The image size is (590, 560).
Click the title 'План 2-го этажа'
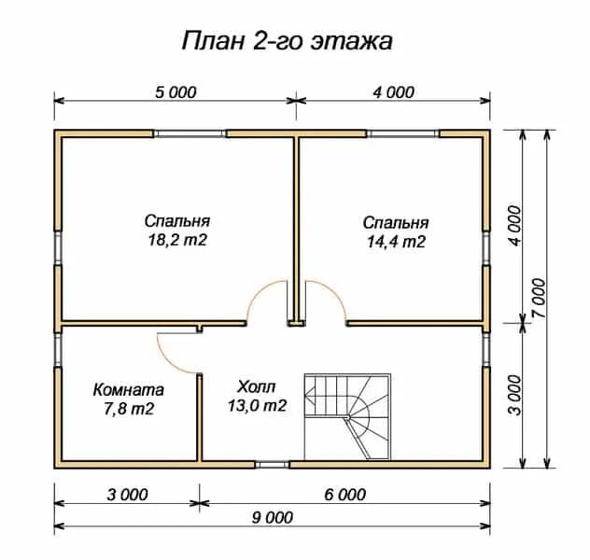click(x=288, y=41)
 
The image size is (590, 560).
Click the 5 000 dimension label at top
click(x=176, y=92)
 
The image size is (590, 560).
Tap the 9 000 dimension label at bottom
click(x=273, y=517)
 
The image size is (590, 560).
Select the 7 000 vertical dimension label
click(x=539, y=299)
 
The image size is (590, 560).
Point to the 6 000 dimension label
click(x=345, y=495)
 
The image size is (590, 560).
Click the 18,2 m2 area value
click(x=177, y=240)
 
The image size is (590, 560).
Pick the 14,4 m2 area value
click(x=396, y=242)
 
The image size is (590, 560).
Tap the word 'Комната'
click(x=128, y=390)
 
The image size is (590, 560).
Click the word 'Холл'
click(x=257, y=386)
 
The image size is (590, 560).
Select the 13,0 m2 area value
click(x=258, y=405)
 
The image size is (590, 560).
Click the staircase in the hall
click(x=347, y=416)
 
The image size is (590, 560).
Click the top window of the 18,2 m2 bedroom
click(x=190, y=133)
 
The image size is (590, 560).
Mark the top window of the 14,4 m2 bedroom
click(x=403, y=133)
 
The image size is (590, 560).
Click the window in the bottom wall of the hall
click(x=272, y=465)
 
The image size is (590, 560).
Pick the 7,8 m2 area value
click(x=129, y=409)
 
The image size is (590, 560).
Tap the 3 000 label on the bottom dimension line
click(x=127, y=495)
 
